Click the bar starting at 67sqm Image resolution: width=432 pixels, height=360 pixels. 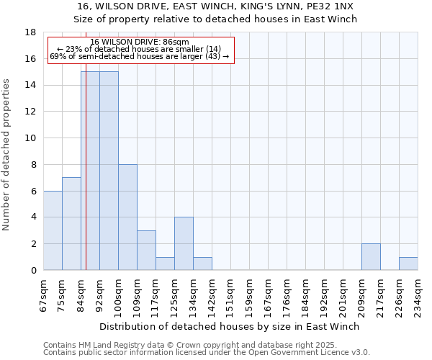coord(53,230)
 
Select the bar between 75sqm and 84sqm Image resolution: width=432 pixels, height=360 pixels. coord(71,224)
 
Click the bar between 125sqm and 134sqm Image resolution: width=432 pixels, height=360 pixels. coord(184,244)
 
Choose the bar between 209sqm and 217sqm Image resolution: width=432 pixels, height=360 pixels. coord(371,257)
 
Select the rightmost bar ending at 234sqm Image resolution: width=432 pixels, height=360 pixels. coord(408,264)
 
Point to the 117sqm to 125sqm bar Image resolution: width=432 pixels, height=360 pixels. coord(165,264)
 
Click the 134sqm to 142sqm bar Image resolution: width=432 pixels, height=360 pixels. coord(202,264)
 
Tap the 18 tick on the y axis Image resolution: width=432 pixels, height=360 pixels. coord(31,32)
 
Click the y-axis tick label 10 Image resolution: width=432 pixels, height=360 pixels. coord(31,138)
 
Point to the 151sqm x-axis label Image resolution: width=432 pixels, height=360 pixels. coord(230,294)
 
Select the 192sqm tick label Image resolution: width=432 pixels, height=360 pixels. coord(323,294)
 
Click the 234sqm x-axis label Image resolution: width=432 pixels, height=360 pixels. coord(417,294)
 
